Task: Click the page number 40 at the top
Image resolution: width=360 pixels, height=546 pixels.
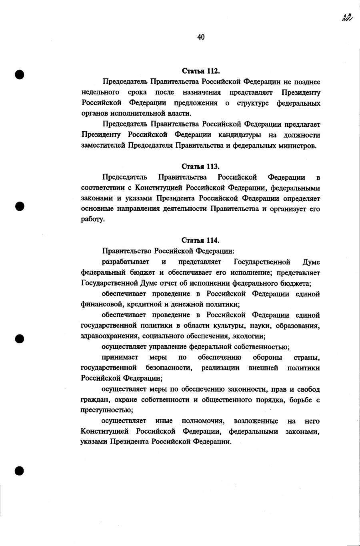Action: pos(201,37)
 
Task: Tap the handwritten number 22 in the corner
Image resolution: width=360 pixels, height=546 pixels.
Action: pos(346,18)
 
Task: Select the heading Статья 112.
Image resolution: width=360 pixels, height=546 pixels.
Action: pos(201,71)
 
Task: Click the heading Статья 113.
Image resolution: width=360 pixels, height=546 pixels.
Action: pos(201,166)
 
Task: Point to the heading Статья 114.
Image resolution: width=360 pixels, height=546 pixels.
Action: pos(201,240)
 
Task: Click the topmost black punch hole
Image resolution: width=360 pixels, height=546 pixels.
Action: pos(20,75)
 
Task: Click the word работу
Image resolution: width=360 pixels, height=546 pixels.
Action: pos(93,220)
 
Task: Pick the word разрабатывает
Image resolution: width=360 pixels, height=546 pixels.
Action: pos(126,262)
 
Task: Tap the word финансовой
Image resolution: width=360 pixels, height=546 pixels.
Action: pos(98,304)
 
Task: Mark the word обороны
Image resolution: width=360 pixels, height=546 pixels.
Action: pos(267,357)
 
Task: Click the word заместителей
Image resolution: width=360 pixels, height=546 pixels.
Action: pos(103,146)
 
